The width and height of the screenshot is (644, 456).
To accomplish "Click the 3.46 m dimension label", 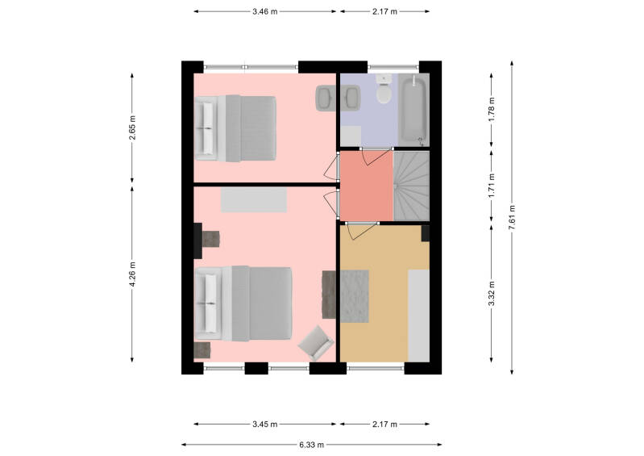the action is coord(265,11).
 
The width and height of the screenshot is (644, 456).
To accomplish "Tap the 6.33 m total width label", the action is coord(311,445).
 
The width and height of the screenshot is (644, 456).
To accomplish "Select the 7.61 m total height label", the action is coord(512,218).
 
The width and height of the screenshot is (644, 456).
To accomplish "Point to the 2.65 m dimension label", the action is coord(132,128).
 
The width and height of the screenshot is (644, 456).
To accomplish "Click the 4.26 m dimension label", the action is coord(132,274).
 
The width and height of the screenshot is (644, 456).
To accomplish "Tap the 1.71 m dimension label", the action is coord(492,186).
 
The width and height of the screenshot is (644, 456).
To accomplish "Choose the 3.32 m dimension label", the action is coord(492,294).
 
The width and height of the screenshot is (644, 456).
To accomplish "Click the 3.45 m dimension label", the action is coord(265,424).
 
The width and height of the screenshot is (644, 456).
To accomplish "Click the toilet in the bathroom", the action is coord(384,89).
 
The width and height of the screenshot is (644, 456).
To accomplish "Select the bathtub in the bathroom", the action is coord(413,110).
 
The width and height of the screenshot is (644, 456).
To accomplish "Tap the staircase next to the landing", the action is coord(412,186).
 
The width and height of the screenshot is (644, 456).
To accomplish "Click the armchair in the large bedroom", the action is coord(316,343).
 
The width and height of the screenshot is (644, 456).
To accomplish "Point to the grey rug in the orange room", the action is coord(355,296).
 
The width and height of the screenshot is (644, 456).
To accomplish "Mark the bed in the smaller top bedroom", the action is coord(235,128).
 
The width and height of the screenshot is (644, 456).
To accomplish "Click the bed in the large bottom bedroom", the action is coord(243,303).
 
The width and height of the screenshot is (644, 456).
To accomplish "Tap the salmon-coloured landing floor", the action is coord(367,186).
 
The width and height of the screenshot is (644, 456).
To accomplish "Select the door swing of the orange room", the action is coord(356,232).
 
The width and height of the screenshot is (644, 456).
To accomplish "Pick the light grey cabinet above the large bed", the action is coord(254,200).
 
